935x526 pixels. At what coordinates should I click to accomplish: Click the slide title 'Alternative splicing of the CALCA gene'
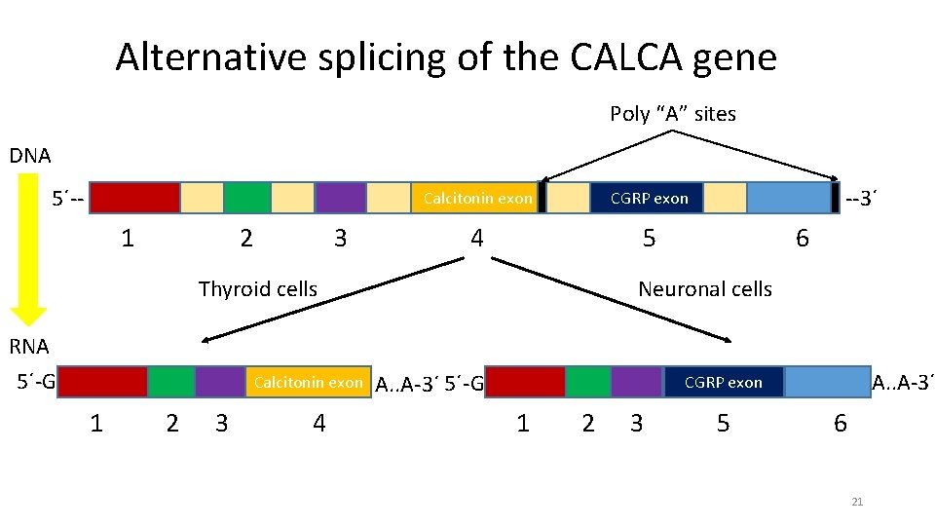click(446, 57)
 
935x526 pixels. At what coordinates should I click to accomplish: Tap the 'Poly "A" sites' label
click(672, 114)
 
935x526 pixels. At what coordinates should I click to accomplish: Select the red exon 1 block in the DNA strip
click(135, 198)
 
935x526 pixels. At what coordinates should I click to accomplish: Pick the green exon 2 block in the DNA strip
click(247, 198)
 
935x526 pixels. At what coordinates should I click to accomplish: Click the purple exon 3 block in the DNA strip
click(340, 198)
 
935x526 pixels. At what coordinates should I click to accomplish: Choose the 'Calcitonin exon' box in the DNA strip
click(477, 198)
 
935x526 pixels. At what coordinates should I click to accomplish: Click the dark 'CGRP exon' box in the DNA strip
click(648, 198)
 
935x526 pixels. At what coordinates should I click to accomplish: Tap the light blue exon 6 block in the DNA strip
click(789, 198)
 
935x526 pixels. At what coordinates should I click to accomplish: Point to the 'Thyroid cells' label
click(257, 289)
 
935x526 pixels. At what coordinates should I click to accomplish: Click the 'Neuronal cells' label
click(704, 289)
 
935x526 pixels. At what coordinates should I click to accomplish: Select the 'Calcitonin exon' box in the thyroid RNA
click(308, 382)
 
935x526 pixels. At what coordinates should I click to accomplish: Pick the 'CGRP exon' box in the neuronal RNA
click(723, 383)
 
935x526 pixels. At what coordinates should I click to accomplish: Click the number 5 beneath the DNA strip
click(649, 239)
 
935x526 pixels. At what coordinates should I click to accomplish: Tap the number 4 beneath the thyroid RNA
click(318, 423)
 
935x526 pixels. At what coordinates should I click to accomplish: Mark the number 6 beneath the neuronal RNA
click(840, 423)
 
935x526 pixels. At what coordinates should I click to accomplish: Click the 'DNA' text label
click(29, 156)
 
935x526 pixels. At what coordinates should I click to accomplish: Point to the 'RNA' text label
click(29, 346)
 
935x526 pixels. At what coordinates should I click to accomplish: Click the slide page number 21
click(857, 502)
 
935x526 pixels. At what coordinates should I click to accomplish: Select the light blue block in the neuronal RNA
click(827, 383)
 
